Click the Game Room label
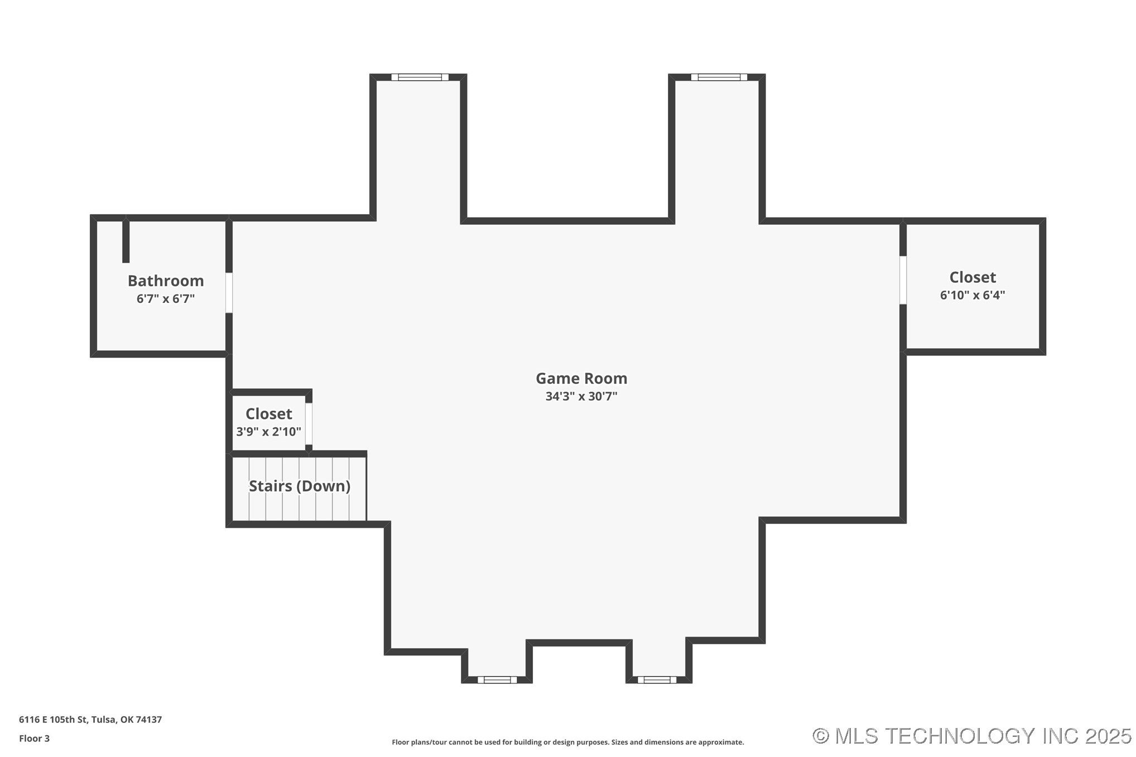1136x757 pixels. (x=581, y=378)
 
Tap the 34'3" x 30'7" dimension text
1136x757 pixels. (x=581, y=397)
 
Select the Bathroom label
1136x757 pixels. (x=166, y=281)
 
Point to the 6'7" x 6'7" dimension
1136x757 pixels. (x=166, y=299)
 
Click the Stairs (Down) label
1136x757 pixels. (x=299, y=486)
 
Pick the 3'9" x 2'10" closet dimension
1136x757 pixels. (x=268, y=432)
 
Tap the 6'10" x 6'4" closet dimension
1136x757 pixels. (x=972, y=295)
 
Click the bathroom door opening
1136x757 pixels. (x=229, y=292)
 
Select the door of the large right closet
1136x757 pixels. (x=903, y=280)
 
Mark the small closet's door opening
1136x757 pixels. (x=309, y=423)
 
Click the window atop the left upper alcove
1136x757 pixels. (x=420, y=77)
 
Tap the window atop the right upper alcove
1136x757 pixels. (x=719, y=77)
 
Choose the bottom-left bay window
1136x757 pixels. (x=497, y=679)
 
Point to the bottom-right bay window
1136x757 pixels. (x=657, y=679)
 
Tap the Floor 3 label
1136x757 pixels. (x=34, y=739)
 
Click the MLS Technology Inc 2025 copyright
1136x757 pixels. (x=971, y=736)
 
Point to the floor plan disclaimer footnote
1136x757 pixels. (x=567, y=742)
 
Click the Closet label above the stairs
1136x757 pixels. (x=268, y=414)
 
